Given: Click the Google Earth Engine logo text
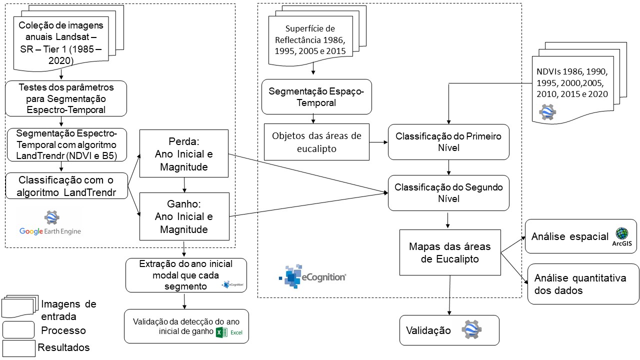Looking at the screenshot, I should pos(50,231).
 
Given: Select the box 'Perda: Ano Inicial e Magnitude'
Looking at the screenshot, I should pos(184,153).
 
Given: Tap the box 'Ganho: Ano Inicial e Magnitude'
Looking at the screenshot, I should pos(184,216).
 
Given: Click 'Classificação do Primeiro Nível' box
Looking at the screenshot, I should pos(448,142).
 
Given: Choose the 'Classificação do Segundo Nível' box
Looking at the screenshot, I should pos(448,192).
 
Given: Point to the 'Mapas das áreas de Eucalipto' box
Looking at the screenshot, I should pos(450,252).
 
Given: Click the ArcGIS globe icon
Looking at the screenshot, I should pos(622,234).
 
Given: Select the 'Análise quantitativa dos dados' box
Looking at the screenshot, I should pos(583,284).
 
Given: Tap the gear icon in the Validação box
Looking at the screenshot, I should pos(471,330).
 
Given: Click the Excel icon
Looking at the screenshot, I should pos(221,333).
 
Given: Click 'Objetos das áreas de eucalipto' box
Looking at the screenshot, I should pos(316,142).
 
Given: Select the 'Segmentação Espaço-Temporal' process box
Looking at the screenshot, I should pos(316,97).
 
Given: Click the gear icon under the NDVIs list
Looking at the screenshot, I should pos(547,112).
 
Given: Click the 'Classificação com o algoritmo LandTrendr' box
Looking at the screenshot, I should pos(66,186).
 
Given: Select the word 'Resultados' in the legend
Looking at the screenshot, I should pos(64,347).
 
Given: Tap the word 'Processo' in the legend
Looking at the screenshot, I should pos(63,330).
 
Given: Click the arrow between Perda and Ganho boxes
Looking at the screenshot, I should pos(184,185).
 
